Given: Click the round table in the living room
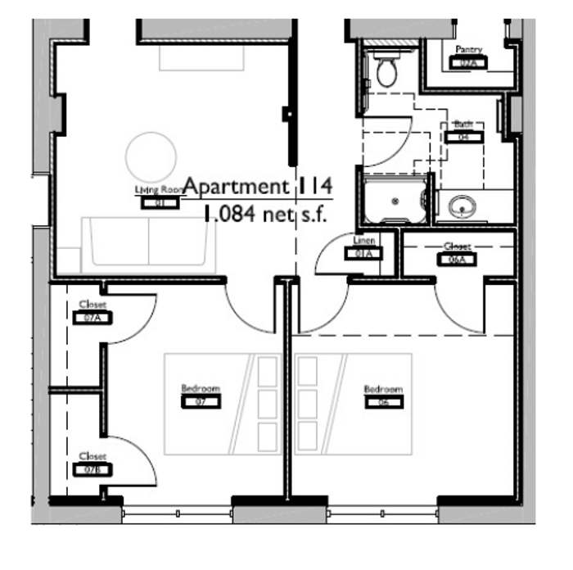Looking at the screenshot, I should (x=151, y=156).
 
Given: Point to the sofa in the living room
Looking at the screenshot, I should (x=148, y=245).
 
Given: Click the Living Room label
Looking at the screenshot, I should (x=156, y=190).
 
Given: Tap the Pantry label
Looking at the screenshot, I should (x=469, y=50).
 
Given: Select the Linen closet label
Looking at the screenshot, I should (x=364, y=242).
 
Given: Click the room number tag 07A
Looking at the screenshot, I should (x=92, y=317).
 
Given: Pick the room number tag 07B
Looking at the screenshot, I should (x=92, y=469).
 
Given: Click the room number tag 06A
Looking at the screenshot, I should (x=457, y=260).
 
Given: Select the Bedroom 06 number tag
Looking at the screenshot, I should (x=383, y=401).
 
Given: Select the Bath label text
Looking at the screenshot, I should (x=463, y=124).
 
